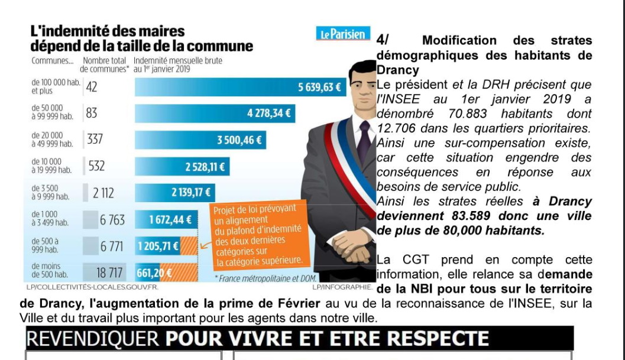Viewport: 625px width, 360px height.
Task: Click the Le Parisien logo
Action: tap(343, 34)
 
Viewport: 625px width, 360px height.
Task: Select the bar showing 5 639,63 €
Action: tap(240, 87)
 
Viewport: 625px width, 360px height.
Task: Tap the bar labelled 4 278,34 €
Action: tap(215, 113)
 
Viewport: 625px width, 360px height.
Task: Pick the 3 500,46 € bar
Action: tap(200, 140)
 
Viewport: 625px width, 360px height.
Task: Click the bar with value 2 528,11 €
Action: tap(182, 167)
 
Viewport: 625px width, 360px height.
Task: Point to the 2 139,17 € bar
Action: tap(175, 193)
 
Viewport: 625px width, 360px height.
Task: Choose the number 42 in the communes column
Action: tap(91, 87)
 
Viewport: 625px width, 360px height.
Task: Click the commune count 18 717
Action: tap(109, 273)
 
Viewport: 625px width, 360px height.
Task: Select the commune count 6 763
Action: tap(112, 220)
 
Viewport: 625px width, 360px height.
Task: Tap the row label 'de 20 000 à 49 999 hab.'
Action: tap(52, 140)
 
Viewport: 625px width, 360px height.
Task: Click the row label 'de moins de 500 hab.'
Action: tap(50, 270)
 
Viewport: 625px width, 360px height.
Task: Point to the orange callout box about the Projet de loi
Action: tap(259, 235)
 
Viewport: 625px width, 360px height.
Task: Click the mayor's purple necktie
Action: tap(364, 141)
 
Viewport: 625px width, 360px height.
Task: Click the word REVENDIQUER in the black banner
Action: tap(93, 339)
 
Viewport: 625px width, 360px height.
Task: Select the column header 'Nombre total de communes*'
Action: tap(105, 65)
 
